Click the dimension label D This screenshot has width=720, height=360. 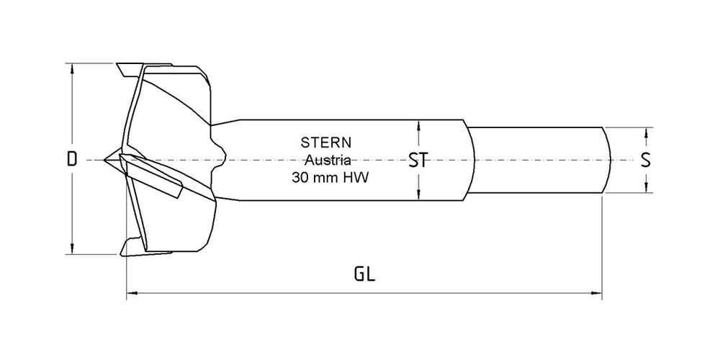click(71, 160)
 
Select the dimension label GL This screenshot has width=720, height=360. click(366, 274)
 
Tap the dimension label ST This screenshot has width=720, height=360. click(418, 160)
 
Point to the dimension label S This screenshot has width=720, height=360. click(646, 160)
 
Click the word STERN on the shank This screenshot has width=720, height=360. click(324, 143)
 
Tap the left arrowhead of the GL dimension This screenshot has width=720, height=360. click(130, 292)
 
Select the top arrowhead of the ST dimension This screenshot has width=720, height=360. click(418, 124)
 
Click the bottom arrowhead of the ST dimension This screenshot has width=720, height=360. click(418, 195)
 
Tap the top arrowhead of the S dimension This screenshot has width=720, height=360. click(647, 132)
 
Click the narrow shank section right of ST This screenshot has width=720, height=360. click(536, 160)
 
